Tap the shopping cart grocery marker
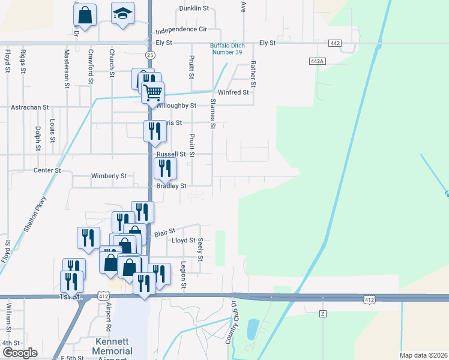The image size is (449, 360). pos(153,92)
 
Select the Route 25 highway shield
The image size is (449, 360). pos(149,55)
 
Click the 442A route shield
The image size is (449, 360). pos(318,61)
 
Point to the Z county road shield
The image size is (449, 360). pos(322,314)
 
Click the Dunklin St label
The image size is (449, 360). pos(194,9)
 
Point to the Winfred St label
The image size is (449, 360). pos(233,92)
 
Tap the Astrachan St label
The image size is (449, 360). pos(29,107)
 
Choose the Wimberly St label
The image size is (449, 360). pos(109,176)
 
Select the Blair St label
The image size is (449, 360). pos(164,231)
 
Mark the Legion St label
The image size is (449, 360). pos(184,275)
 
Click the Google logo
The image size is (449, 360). pos(20,353)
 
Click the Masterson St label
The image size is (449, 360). pos(67,68)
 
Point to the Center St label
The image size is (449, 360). pos(47,170)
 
